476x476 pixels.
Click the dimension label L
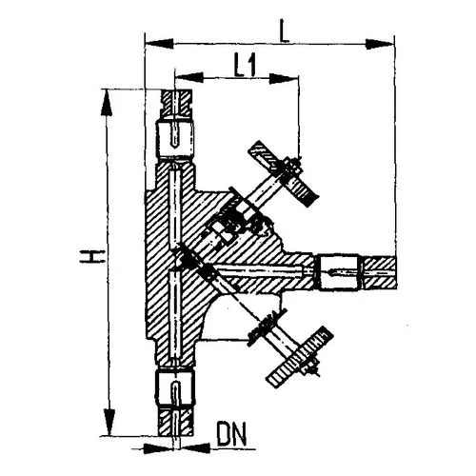(x=285, y=31)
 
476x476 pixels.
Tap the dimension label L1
(x=245, y=66)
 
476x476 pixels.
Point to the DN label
(x=231, y=434)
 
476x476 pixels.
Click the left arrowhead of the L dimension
(x=160, y=44)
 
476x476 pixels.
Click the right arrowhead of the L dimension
(x=379, y=44)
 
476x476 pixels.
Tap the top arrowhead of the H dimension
(x=107, y=102)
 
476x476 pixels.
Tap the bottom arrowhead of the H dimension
(x=109, y=422)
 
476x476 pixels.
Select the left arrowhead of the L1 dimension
(x=189, y=77)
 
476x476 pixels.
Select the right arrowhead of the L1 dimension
(x=284, y=78)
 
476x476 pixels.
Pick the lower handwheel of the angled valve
(x=300, y=356)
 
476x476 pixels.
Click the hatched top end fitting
(x=176, y=104)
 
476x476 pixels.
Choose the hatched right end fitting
(x=379, y=273)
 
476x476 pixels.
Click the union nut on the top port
(x=175, y=140)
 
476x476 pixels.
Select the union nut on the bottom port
(x=174, y=388)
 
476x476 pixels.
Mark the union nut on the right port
(x=339, y=272)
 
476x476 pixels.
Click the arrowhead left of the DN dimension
(x=159, y=448)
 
